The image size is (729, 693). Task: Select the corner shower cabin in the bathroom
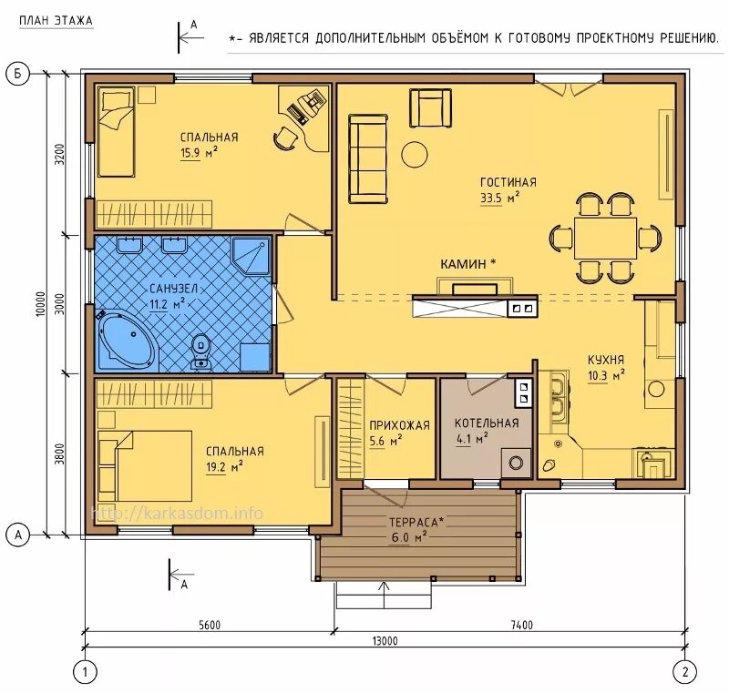(252, 256)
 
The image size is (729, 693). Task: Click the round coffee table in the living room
(415, 155)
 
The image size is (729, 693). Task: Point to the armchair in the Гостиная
(430, 108)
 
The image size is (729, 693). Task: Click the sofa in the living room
(368, 159)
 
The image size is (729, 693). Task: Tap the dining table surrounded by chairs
(605, 239)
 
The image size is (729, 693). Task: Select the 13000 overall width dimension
(385, 641)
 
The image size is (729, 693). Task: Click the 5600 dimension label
(210, 625)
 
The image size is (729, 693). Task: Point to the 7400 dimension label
(521, 625)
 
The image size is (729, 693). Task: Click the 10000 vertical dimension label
(41, 304)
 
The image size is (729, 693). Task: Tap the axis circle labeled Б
(17, 75)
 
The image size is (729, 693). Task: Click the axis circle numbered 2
(685, 672)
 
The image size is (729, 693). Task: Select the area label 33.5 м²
(499, 198)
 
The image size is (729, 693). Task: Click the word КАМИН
(463, 264)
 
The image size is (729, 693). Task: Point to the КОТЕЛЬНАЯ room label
(487, 423)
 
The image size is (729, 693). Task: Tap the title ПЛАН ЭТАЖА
(56, 21)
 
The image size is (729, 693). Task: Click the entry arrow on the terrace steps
(384, 594)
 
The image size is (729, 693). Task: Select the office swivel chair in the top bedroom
(284, 138)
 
